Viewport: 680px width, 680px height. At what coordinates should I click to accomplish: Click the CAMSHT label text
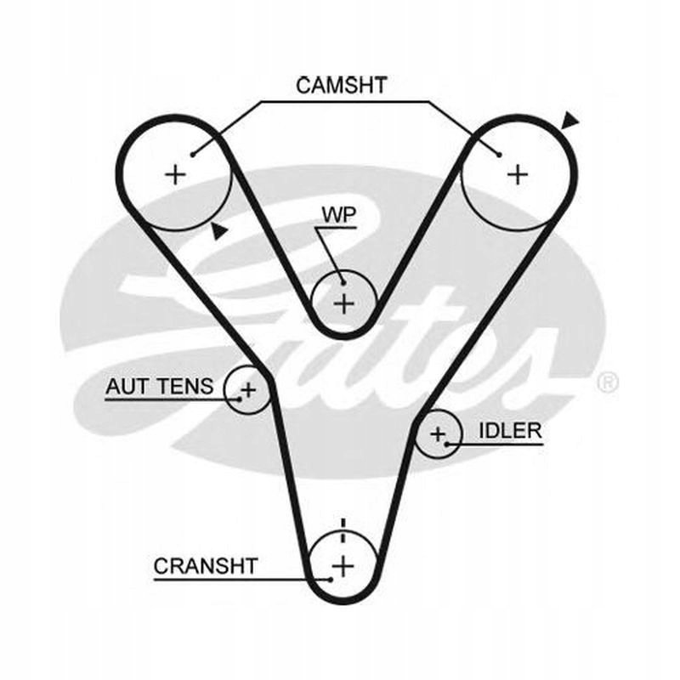[341, 85]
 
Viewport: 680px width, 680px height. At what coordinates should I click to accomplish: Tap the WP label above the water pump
[337, 213]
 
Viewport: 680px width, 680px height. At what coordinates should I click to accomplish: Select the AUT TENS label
[159, 387]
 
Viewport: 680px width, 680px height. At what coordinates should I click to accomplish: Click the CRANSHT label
[206, 565]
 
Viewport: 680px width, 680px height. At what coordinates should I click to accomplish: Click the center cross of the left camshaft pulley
[175, 174]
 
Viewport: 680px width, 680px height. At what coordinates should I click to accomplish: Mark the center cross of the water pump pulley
[343, 303]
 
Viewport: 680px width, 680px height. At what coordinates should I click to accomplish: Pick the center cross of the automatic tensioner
[247, 390]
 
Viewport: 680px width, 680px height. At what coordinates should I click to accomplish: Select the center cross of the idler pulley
[438, 434]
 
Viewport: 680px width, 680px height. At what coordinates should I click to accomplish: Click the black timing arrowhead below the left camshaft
[220, 229]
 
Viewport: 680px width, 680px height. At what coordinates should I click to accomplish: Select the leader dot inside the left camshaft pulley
[195, 155]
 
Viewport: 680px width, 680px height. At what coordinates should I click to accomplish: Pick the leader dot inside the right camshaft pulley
[499, 155]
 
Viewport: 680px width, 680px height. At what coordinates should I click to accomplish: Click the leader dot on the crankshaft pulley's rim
[329, 579]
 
